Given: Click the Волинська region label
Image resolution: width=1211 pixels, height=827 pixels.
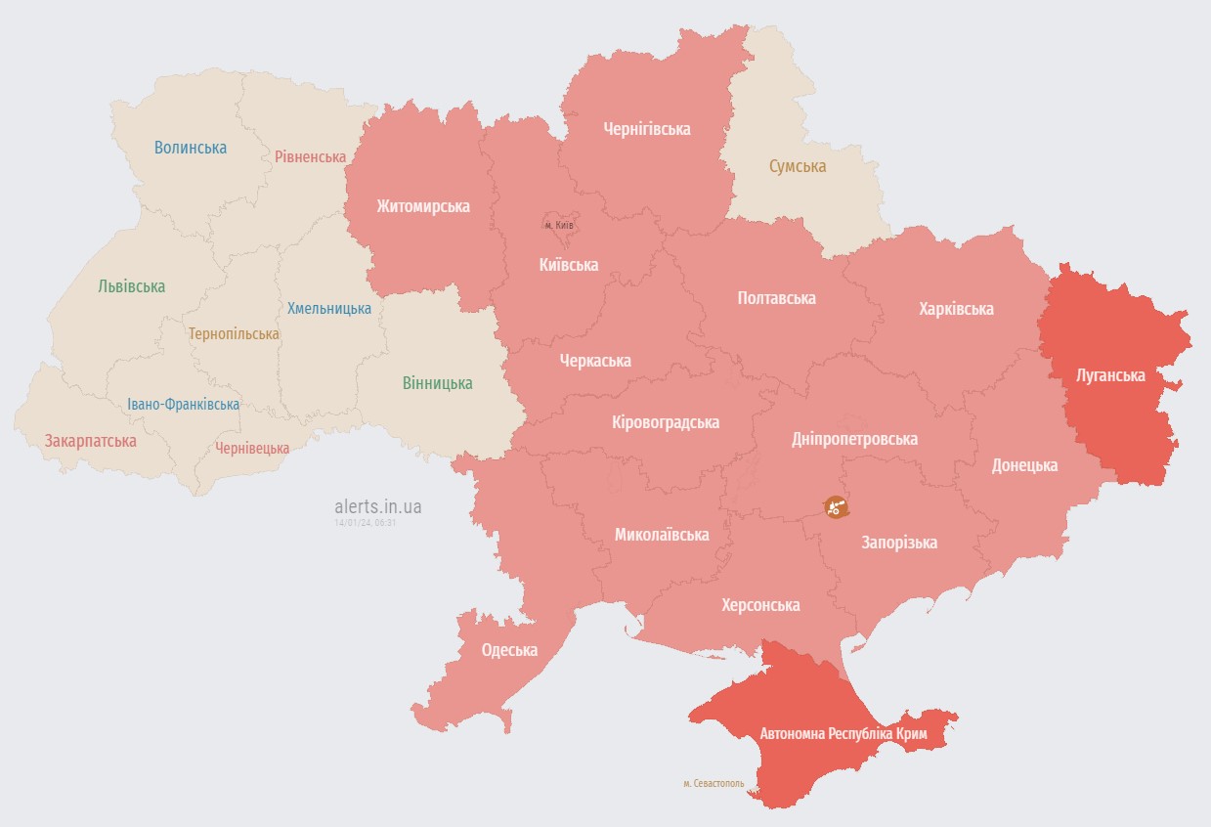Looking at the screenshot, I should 191,148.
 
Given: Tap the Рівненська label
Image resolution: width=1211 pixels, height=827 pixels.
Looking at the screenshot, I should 310,156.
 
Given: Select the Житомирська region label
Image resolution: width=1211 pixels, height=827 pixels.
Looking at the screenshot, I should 423,206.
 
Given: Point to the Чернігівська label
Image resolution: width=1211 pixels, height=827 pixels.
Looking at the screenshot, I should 647,129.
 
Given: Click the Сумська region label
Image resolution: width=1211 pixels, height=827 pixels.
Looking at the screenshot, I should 798,166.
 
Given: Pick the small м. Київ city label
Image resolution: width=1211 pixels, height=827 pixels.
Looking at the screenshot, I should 559,225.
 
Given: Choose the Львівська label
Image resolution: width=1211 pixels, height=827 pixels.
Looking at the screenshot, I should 132,286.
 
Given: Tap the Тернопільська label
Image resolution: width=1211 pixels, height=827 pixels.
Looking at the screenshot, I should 234,333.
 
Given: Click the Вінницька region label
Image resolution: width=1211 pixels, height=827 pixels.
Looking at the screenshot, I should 437,383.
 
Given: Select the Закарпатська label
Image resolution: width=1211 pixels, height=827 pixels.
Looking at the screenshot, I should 90,441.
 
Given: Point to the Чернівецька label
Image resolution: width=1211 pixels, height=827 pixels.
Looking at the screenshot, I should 252,448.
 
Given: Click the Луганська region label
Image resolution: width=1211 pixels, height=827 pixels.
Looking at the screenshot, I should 1110,374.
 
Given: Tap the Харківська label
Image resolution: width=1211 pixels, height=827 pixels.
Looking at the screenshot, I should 956,309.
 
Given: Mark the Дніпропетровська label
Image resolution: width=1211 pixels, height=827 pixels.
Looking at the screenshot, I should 854,439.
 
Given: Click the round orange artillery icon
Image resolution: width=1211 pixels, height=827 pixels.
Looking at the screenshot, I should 836,506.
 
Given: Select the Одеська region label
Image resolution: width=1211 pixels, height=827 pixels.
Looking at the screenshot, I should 509,650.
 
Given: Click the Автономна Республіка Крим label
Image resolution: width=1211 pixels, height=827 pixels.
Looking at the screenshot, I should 843,732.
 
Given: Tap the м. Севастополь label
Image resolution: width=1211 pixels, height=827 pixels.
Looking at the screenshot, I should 714,783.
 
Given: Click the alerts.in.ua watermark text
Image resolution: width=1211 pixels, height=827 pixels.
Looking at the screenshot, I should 378,506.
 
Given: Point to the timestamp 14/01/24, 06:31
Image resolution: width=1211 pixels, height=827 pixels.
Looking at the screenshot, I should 365,523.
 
